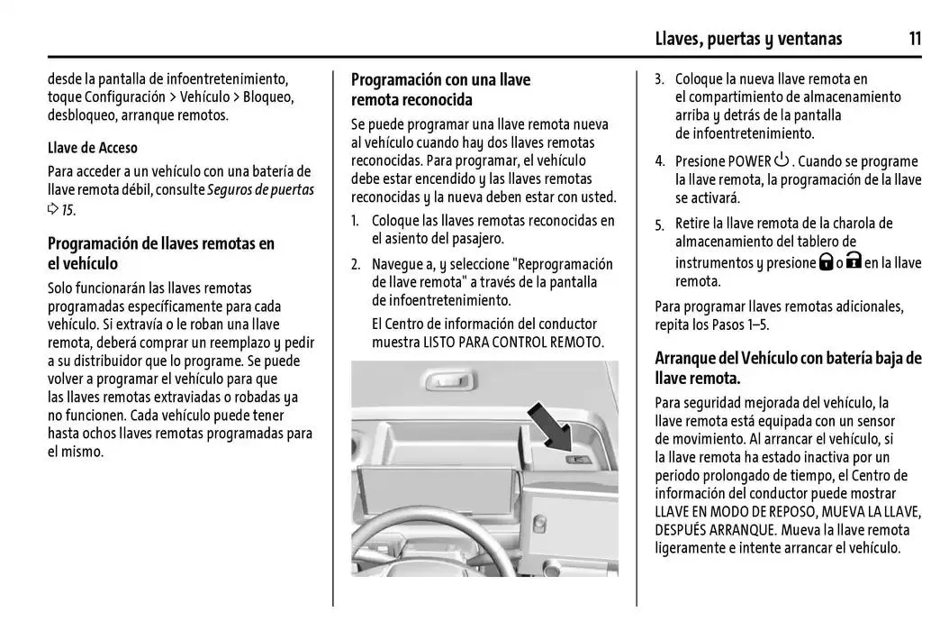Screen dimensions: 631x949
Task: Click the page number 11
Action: coord(914,38)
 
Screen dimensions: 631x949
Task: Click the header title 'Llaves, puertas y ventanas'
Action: coord(748,38)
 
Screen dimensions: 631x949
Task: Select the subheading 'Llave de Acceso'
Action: coord(93,148)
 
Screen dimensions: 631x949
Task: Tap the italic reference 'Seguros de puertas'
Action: coord(260,189)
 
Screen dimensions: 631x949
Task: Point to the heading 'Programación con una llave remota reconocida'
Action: coord(440,89)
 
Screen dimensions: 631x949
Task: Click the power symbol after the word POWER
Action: coord(781,160)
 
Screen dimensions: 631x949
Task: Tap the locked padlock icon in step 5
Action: coord(825,262)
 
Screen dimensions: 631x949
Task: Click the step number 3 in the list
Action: coord(659,79)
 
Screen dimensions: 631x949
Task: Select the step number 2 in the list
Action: coord(356,264)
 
